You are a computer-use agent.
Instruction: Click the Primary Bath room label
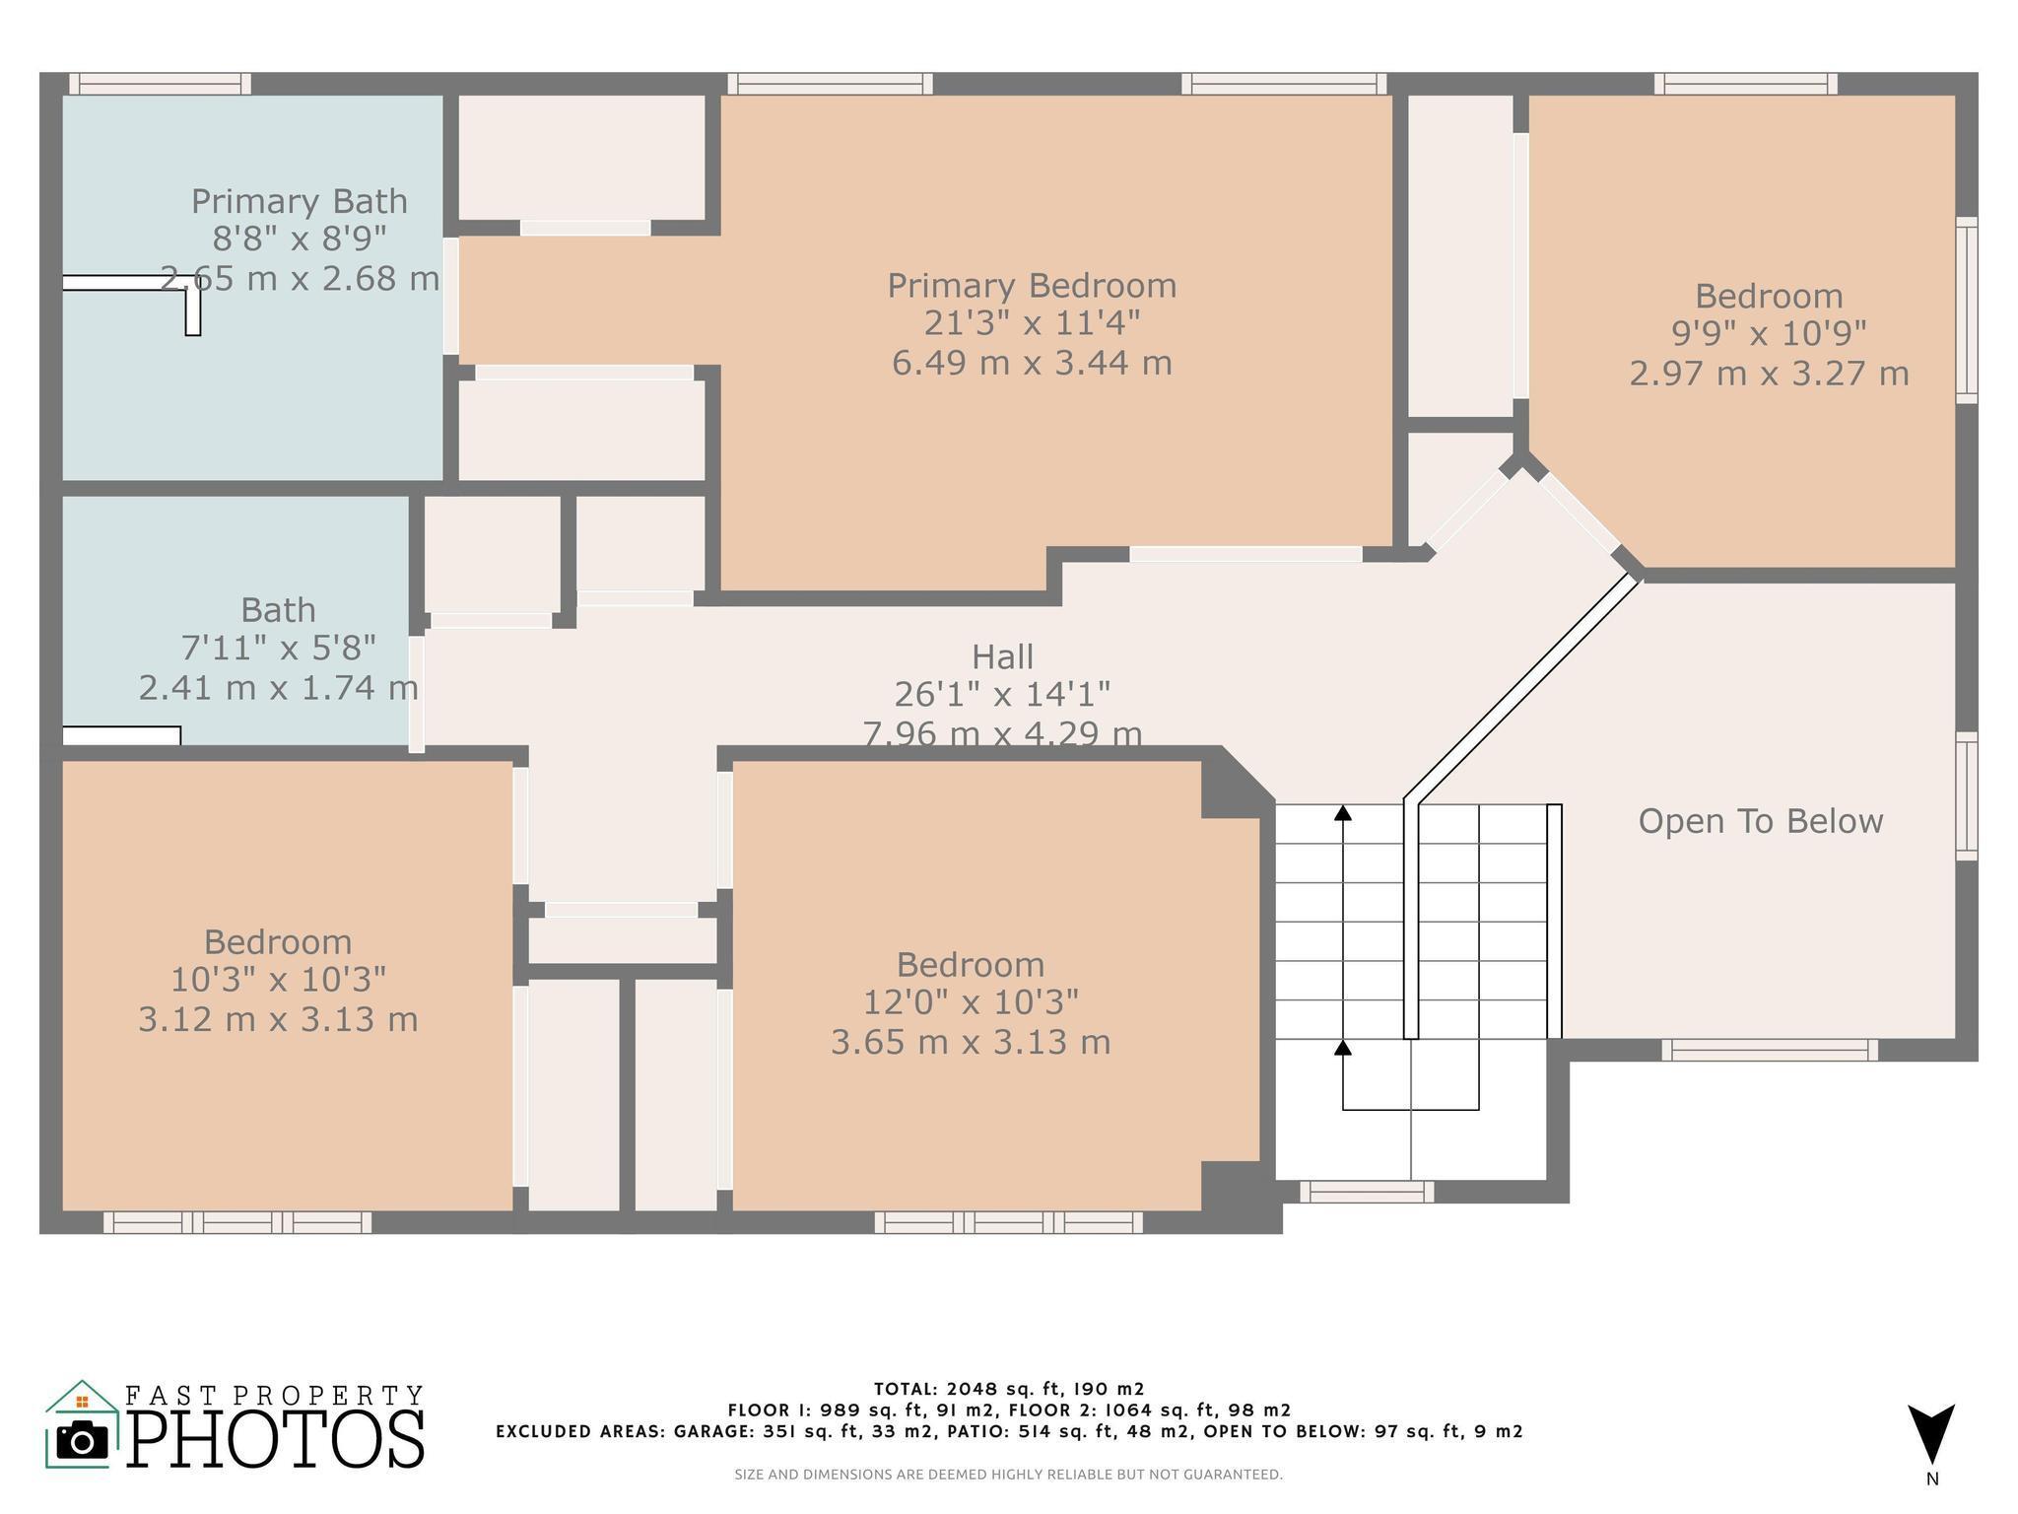300,201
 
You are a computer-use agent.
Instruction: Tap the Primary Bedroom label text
1032,286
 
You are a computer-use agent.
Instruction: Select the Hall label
1002,656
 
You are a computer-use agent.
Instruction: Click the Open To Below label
1761,821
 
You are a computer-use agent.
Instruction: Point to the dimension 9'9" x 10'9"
1769,334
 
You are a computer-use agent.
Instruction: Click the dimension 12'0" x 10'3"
971,1002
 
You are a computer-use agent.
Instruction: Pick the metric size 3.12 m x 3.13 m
278,1019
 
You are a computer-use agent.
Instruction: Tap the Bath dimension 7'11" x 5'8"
278,649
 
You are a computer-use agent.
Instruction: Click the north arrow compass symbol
1931,1434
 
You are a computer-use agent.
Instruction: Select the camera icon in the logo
82,1439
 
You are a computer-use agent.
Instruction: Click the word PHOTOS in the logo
277,1440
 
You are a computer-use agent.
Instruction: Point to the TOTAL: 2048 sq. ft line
1009,1390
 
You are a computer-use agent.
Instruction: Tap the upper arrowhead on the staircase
1343,813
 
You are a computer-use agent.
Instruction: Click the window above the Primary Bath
160,84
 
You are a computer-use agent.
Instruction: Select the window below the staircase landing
1367,1193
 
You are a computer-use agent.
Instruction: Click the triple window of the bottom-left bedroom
237,1223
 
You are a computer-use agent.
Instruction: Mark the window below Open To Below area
1770,1051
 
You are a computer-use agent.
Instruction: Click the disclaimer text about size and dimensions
1009,1476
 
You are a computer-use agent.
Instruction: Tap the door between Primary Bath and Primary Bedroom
451,296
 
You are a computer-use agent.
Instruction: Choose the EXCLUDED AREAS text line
1009,1431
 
